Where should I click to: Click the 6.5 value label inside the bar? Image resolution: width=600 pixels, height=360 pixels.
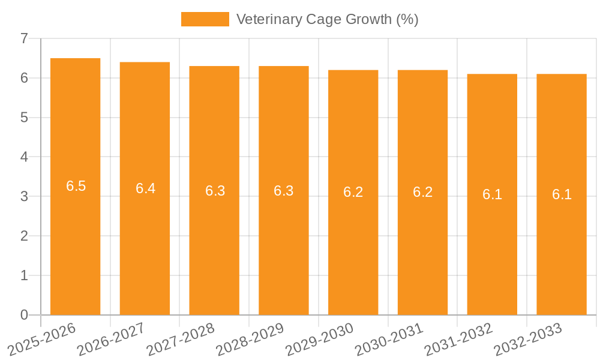coord(76,186)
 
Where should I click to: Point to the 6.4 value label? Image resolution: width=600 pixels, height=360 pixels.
coord(145,188)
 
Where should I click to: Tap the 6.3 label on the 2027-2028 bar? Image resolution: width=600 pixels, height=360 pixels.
coord(215,191)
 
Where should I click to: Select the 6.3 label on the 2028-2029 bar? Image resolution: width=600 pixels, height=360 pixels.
coord(284,191)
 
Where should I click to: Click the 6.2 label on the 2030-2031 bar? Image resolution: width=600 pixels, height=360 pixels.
coord(422,192)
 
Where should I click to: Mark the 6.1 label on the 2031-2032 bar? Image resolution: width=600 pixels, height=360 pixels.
coord(492,194)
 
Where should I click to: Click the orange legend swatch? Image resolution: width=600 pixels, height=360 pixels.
coord(205,19)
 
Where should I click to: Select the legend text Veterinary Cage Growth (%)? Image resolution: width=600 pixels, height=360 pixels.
coord(327,19)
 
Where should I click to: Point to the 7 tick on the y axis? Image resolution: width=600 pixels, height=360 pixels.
coord(24,38)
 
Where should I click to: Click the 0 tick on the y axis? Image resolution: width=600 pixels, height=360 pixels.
coord(24,315)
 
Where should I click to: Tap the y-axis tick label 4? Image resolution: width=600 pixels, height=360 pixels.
coord(24,157)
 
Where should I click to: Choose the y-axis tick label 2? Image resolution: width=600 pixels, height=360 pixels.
coord(24,236)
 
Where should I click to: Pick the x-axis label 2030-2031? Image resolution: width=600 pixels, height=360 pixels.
coord(389,338)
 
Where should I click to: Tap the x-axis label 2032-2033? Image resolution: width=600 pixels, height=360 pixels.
coord(528,338)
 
